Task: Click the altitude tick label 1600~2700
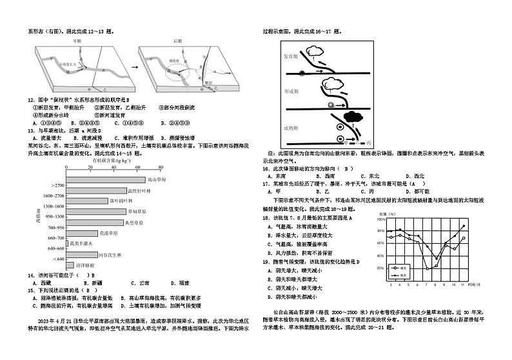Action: pyautogui.click(x=52, y=195)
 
